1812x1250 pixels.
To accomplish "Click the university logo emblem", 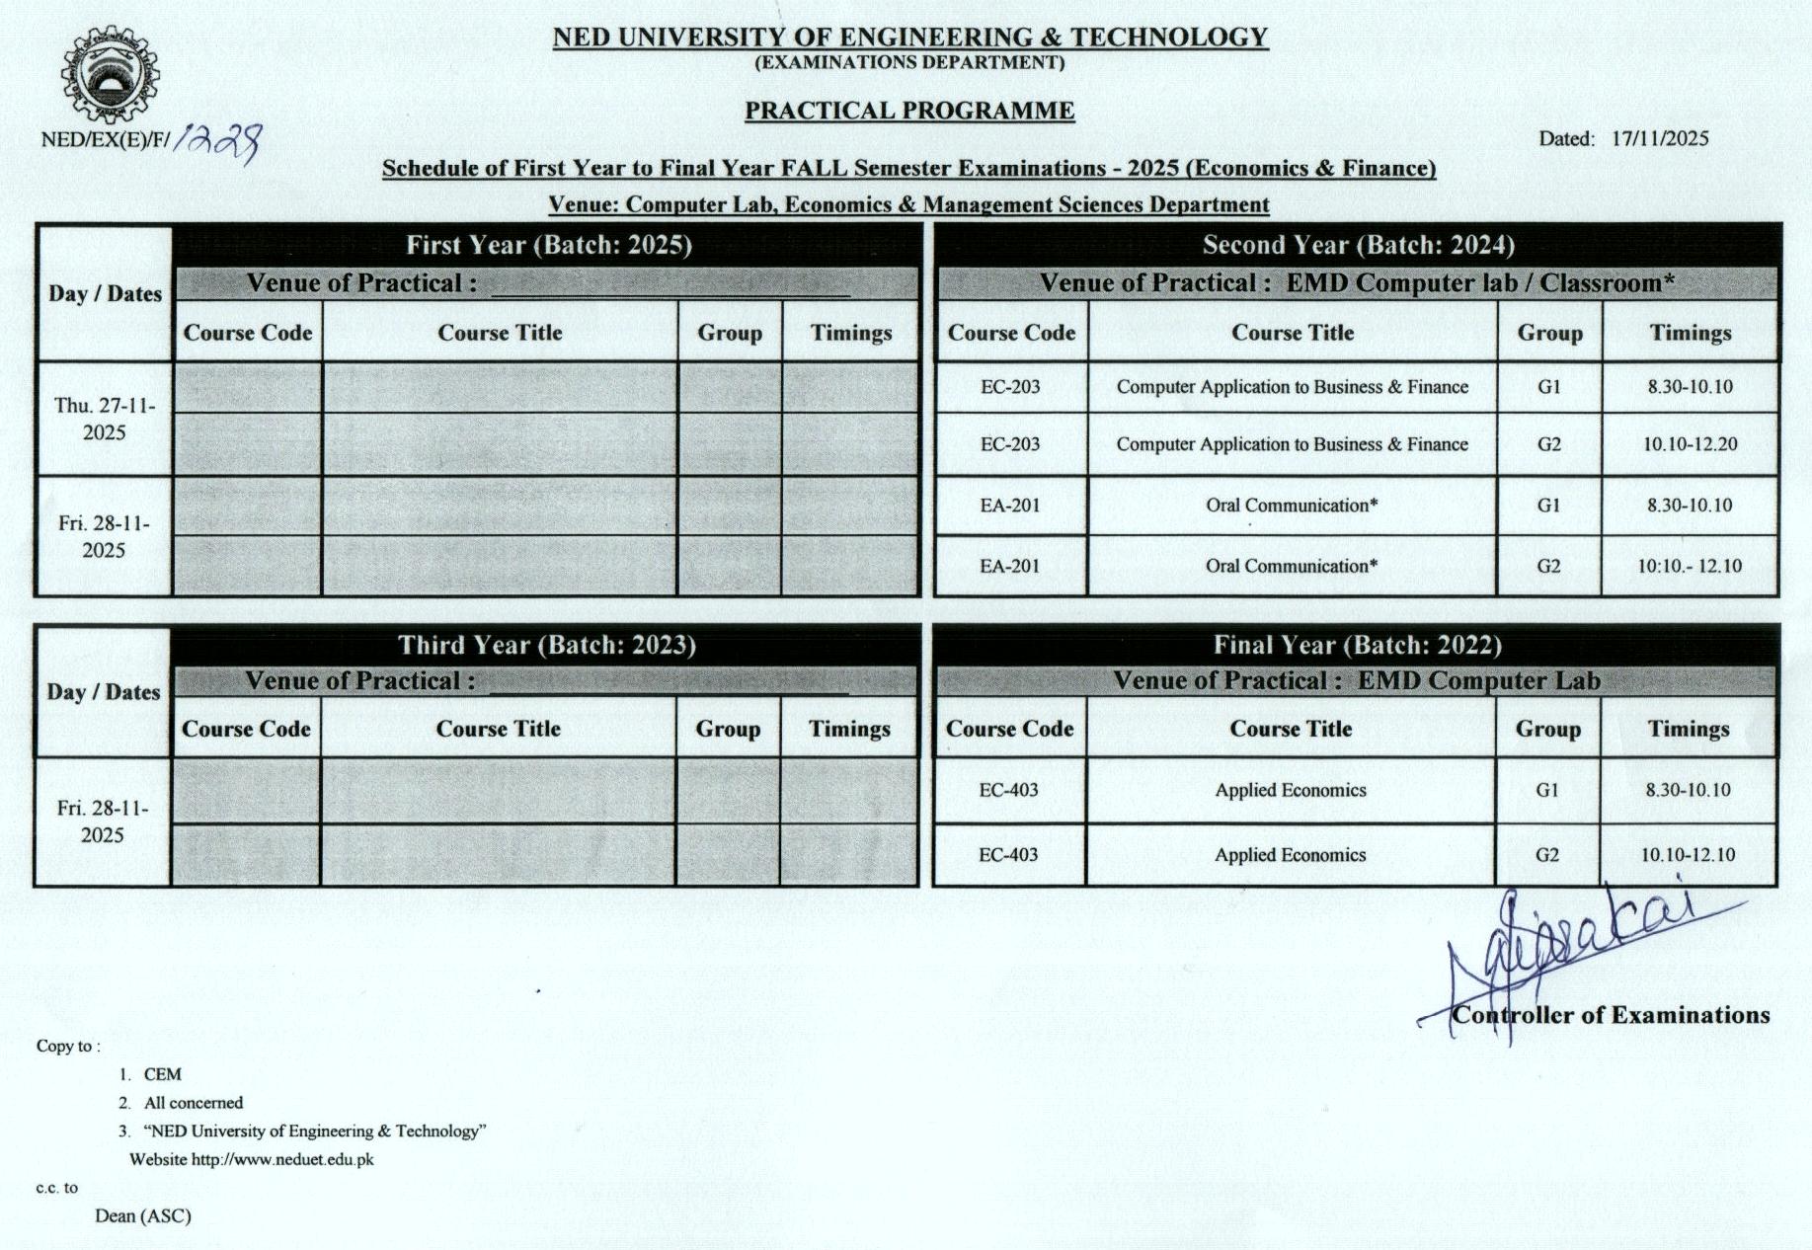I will tap(110, 77).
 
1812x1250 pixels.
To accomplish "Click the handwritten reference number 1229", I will tap(217, 141).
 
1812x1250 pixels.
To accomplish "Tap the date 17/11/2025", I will tap(1659, 138).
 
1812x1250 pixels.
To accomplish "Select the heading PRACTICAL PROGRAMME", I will tap(908, 111).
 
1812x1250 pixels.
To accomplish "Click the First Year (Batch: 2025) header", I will tap(548, 245).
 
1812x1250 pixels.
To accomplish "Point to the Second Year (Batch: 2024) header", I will tap(1358, 245).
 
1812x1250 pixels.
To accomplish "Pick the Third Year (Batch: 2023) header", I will tap(546, 645).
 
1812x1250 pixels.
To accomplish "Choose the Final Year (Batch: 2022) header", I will tap(1357, 645).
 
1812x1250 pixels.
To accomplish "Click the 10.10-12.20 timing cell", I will tap(1690, 444).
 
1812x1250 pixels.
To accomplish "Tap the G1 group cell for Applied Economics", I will tap(1546, 790).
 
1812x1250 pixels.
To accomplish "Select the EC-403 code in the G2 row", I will tap(1007, 855).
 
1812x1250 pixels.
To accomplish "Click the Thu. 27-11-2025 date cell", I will tap(104, 419).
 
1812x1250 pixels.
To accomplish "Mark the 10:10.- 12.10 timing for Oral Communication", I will tap(1689, 567).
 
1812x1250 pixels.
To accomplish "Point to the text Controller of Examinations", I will tap(1610, 1015).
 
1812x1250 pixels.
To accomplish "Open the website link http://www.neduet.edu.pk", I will tap(282, 1159).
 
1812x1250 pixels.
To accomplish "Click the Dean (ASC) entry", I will tap(143, 1215).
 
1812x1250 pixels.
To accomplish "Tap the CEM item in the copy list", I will tap(162, 1074).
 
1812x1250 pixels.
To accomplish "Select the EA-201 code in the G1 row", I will tap(1009, 506).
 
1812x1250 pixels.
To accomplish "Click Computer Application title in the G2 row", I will tap(1292, 444).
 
